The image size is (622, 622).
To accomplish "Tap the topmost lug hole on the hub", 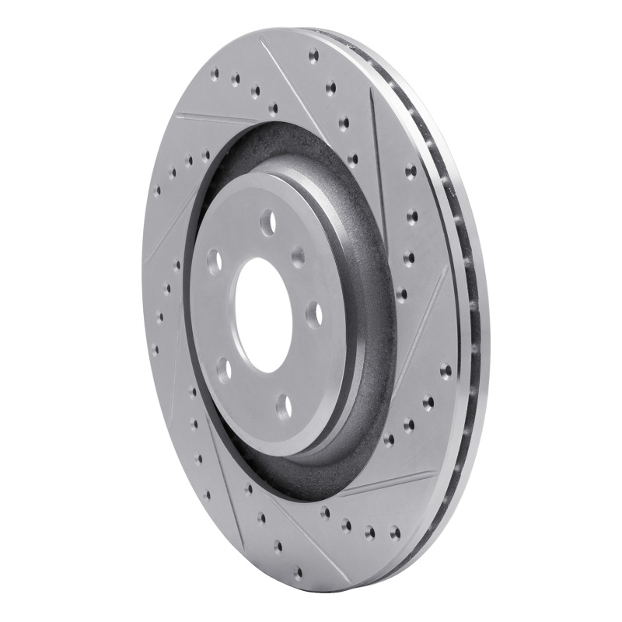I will (x=268, y=222).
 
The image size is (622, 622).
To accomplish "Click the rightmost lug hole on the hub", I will (x=314, y=313).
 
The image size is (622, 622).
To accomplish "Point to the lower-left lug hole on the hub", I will (x=224, y=369).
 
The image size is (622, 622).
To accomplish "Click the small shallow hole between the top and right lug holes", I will (x=298, y=257).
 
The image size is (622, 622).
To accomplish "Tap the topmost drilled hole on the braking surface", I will (x=313, y=55).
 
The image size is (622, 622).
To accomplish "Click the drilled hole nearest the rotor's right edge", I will (x=446, y=371).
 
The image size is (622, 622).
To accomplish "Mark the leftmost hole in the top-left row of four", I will (x=215, y=75).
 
